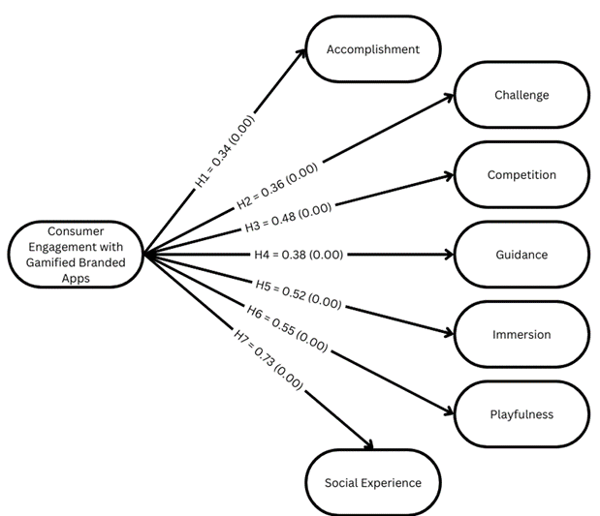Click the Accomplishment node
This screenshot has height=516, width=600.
coord(373,49)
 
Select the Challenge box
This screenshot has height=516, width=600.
coord(521,96)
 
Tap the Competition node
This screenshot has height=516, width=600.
coord(521,175)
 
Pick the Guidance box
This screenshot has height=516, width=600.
coord(521,255)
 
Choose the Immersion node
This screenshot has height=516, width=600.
coord(521,335)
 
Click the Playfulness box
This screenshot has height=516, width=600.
coord(521,414)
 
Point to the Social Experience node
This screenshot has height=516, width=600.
coord(373,482)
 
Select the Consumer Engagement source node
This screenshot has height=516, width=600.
coord(75,255)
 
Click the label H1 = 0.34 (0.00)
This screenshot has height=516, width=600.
coord(225,153)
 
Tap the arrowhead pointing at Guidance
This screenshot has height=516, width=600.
coord(450,255)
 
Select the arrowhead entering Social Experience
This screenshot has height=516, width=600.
coord(369,444)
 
